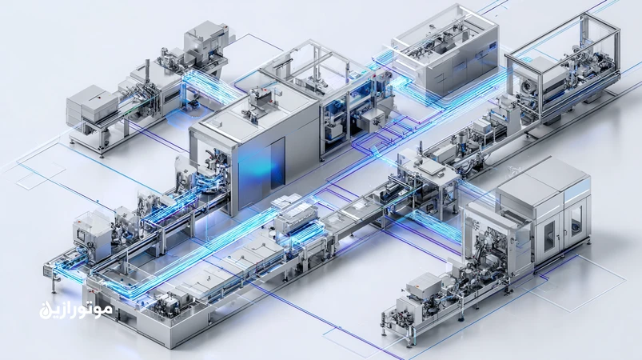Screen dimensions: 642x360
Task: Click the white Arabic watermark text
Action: (x=76, y=310)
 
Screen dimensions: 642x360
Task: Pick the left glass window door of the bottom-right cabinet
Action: (x=549, y=236)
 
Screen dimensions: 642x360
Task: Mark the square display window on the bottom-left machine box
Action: (x=81, y=236)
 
